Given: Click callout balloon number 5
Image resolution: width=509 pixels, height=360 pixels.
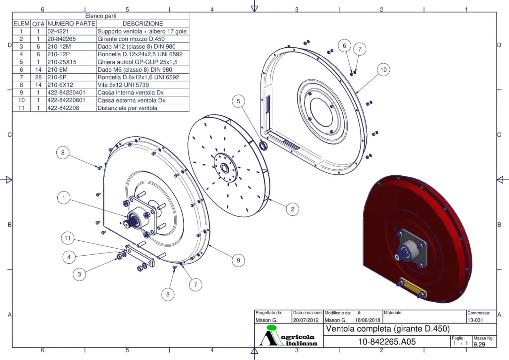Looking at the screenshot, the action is pos(238,101).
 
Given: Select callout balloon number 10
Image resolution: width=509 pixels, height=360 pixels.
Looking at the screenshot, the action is pos(383,70).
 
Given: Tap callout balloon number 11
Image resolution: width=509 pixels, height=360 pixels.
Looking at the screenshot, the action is pos(68,238).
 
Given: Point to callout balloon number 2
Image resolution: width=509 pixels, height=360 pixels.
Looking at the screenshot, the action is pos(293,209).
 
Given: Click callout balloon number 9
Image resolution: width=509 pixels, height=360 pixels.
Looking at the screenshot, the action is pos(238,261).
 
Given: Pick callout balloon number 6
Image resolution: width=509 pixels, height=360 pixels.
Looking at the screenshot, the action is pos(345,46).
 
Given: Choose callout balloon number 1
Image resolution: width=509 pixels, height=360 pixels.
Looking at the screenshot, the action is pos(64,198).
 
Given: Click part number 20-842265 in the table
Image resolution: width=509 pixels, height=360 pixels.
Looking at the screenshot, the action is pos(62,39).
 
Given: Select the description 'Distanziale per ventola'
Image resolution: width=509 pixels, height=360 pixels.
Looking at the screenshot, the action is pos(128,108).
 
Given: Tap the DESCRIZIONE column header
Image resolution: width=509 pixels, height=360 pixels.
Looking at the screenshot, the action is pos(143,24).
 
